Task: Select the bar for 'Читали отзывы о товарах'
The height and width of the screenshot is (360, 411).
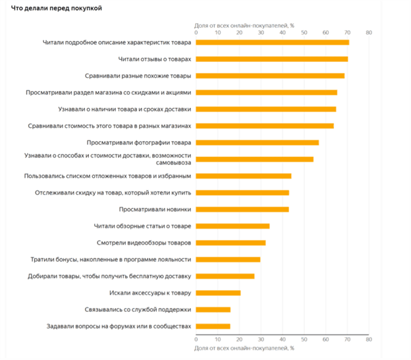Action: [x=272, y=59]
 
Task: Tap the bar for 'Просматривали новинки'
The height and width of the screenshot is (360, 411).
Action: [x=242, y=210]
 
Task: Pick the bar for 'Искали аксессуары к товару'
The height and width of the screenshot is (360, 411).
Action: [x=218, y=293]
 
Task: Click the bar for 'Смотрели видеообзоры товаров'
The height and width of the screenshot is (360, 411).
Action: [x=231, y=243]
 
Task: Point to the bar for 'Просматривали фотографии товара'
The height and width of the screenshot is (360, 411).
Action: [x=258, y=142]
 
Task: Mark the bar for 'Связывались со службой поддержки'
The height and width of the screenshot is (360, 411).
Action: [x=213, y=309]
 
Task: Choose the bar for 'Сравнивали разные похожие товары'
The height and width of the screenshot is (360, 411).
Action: [x=270, y=76]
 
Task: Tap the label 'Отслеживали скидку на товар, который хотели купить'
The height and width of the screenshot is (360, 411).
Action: [x=113, y=193]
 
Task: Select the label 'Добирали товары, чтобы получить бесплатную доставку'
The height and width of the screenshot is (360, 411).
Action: [x=109, y=276]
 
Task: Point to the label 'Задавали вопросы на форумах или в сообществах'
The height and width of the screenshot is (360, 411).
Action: [x=119, y=326]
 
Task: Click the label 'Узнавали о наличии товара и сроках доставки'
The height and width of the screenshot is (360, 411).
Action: [x=121, y=109]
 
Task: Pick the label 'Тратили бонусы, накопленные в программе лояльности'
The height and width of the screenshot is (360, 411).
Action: [x=111, y=259]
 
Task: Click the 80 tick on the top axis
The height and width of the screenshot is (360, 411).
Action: [x=368, y=32]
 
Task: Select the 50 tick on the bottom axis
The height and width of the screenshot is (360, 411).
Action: [x=304, y=340]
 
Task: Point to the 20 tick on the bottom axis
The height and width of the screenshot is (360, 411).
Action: [x=240, y=340]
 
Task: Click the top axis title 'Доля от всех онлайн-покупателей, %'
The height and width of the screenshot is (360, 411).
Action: [x=244, y=25]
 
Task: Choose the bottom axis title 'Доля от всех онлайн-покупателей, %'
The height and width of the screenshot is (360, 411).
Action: [x=244, y=347]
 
